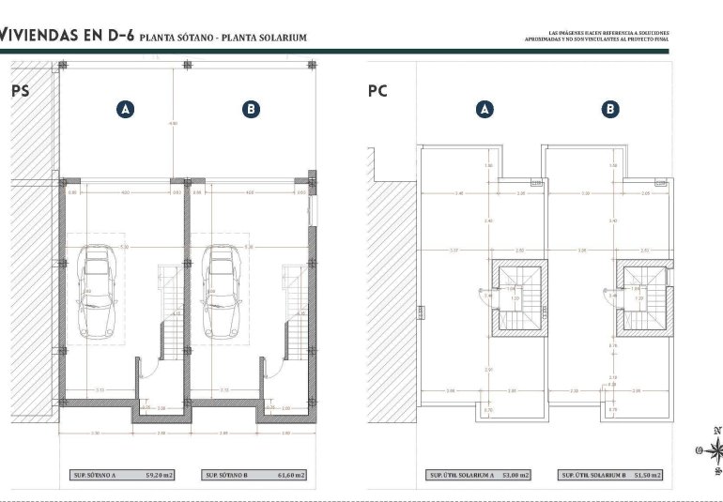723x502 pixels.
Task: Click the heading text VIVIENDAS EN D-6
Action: (x=66, y=37)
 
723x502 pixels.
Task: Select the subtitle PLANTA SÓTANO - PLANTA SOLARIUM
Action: (x=223, y=38)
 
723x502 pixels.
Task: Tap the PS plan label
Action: (x=20, y=91)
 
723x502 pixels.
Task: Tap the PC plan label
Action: (x=377, y=91)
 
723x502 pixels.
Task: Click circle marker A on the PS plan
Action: (x=125, y=110)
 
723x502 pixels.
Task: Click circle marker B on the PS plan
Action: (x=251, y=110)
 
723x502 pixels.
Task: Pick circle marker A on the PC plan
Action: (x=485, y=110)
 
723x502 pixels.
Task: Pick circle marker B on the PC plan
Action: (x=610, y=110)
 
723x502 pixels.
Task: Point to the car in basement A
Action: (x=97, y=292)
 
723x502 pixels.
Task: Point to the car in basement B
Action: (x=223, y=292)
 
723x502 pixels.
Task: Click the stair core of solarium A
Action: (x=517, y=297)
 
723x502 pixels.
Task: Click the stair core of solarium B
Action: (x=644, y=297)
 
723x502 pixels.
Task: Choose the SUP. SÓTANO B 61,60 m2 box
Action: (x=254, y=476)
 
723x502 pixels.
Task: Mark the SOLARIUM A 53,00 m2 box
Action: (x=478, y=476)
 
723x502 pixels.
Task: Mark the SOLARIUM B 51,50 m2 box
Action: (x=611, y=476)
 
